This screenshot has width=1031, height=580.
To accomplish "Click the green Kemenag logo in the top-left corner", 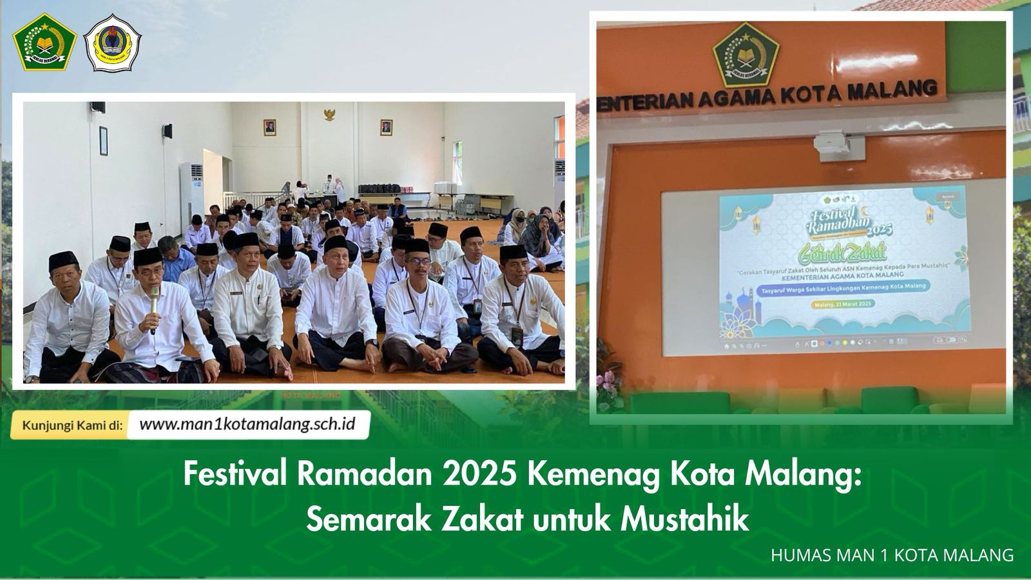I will [44, 43].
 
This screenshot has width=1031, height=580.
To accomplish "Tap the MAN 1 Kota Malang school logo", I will [113, 43].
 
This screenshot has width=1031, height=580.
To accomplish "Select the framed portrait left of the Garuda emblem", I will [269, 127].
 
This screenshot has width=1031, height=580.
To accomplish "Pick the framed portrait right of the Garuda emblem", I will [386, 127].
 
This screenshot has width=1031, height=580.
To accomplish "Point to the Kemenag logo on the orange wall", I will [746, 55].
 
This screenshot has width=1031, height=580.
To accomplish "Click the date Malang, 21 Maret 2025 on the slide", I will [843, 303].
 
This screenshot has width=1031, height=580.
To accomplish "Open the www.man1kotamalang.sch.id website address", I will [247, 425].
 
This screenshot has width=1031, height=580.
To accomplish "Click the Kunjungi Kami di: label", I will [72, 425].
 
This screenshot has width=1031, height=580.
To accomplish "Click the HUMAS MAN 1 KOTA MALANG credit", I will [892, 555].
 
